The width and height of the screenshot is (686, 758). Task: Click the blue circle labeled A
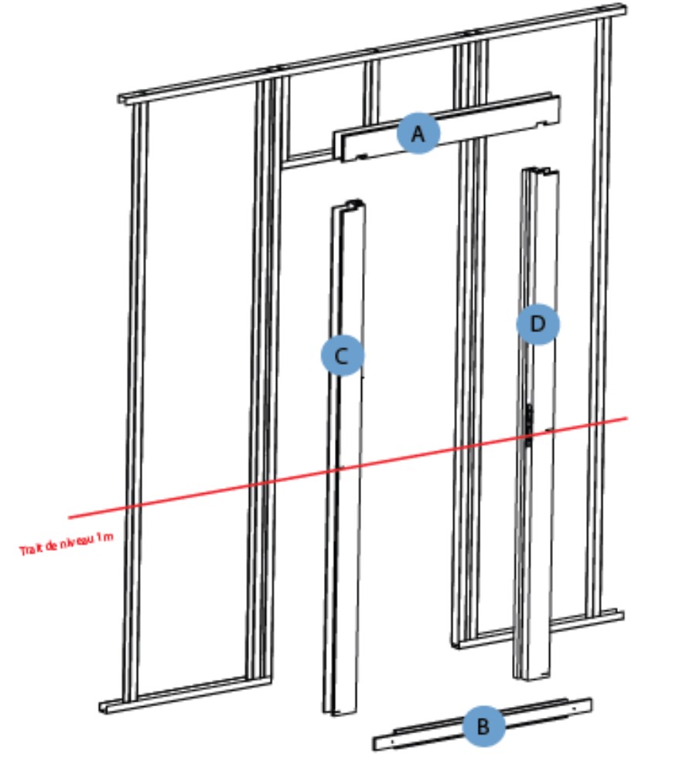click(x=418, y=134)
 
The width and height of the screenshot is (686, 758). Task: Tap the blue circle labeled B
click(x=483, y=726)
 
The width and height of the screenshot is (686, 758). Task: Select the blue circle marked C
click(x=343, y=355)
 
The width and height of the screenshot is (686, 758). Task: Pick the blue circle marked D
click(x=538, y=324)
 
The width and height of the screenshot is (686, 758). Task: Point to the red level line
click(x=232, y=488)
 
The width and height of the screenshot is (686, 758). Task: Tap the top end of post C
click(x=350, y=206)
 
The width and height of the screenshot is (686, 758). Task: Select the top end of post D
click(x=540, y=171)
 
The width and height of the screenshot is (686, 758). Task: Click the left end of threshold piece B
click(x=381, y=743)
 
